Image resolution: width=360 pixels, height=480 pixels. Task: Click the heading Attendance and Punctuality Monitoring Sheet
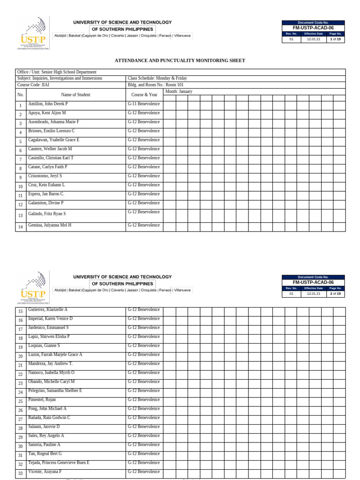click(180, 60)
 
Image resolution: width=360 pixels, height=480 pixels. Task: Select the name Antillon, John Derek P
click(48, 104)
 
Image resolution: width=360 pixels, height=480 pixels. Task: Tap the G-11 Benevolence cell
click(143, 104)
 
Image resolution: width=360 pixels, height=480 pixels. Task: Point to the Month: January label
click(179, 91)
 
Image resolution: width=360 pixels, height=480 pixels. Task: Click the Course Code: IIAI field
click(33, 85)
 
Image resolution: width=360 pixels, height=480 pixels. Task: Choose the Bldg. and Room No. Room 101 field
click(155, 85)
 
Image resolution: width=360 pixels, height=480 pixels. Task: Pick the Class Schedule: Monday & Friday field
click(157, 78)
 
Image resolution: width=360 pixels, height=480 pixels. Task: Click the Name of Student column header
click(75, 95)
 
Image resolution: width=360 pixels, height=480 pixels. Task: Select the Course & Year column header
click(144, 95)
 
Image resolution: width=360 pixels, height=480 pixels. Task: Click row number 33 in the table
click(20, 474)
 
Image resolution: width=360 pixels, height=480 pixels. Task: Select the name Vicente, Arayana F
click(45, 472)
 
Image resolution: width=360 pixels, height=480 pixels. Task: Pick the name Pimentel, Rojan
click(42, 399)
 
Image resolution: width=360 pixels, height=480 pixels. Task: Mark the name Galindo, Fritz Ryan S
click(47, 214)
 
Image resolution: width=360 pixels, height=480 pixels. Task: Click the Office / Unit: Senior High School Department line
click(57, 72)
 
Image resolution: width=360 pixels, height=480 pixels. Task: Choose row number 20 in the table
click(20, 357)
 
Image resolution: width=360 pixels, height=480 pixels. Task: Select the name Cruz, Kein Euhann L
click(46, 185)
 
